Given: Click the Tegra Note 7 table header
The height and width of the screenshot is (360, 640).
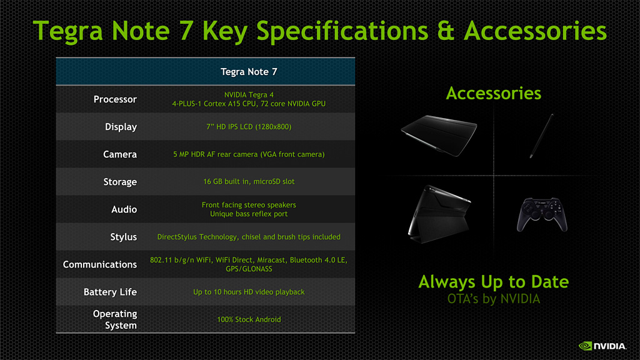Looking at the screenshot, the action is click(249, 72).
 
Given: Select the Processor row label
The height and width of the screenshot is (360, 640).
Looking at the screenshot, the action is click(115, 99).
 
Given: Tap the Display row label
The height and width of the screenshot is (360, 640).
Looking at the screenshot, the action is click(121, 127).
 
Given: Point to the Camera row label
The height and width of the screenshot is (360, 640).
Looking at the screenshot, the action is click(120, 154).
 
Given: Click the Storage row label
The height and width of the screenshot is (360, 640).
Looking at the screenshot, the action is click(120, 182).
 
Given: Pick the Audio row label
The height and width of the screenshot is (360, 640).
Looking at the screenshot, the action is click(124, 209).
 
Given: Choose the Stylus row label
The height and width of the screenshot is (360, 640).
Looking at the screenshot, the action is click(124, 237).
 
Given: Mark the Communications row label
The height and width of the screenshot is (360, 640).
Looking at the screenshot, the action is click(100, 264).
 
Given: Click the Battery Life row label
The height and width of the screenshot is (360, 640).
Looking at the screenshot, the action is click(110, 292).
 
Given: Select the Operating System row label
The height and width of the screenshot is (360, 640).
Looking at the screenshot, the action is click(115, 319).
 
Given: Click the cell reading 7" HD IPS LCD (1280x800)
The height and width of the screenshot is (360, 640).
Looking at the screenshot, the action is click(249, 127).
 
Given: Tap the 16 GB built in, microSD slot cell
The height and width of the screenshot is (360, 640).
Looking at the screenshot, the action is click(249, 182).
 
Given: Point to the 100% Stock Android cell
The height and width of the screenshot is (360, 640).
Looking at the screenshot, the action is click(249, 319).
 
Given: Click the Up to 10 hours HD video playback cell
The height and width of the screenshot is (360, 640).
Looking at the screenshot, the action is click(249, 292).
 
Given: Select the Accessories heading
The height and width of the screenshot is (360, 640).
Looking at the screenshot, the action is click(494, 94).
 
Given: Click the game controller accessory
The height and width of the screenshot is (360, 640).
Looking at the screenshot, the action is click(542, 215).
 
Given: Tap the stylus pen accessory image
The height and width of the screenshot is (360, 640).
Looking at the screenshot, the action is click(542, 136).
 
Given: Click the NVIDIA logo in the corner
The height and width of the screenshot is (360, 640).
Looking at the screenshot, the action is click(602, 346).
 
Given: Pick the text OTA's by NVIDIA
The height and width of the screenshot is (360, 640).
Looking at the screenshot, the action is click(494, 299).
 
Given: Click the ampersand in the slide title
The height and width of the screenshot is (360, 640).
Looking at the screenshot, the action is click(446, 31).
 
